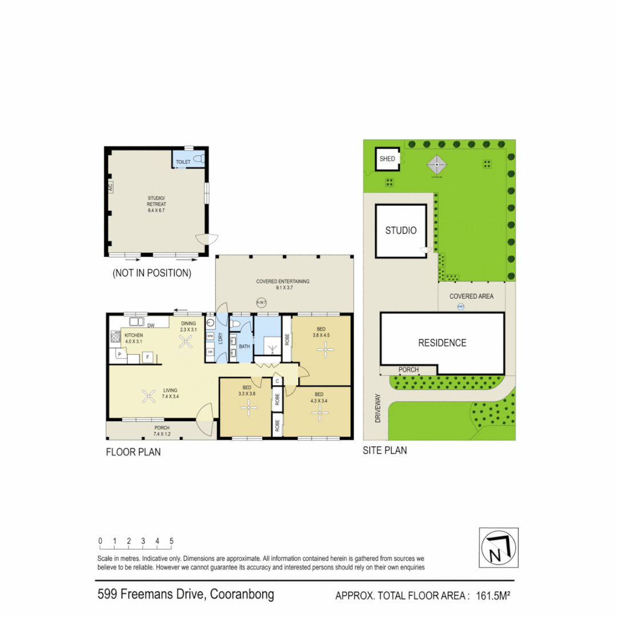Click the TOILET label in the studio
coord(183,162)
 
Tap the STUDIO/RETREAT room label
coord(155,205)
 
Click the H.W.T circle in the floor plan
coord(262,303)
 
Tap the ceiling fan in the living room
coord(149,395)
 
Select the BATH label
coord(245,347)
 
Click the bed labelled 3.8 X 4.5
coord(321,332)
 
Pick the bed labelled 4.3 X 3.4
coord(318,397)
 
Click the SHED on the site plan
coord(387,158)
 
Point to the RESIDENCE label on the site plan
coord(442,343)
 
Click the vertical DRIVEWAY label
coord(378,408)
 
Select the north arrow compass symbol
coord(498,548)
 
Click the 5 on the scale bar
coord(171,540)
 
